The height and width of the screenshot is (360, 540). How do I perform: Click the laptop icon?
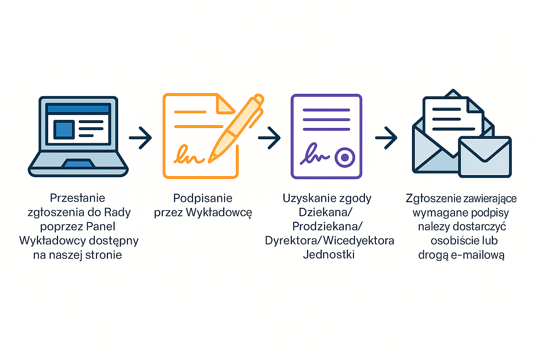tap(78, 136)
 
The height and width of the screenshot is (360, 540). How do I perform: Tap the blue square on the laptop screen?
tap(64, 129)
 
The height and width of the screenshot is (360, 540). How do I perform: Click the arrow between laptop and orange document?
tap(140, 138)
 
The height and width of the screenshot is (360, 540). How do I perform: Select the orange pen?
tap(236, 129)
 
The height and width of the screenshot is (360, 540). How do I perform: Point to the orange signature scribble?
tap(189, 155)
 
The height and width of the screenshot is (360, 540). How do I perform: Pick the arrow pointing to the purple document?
tap(269, 138)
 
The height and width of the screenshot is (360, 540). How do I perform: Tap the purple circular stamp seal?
tap(345, 157)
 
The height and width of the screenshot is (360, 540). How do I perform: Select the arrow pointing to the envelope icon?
tap(386, 138)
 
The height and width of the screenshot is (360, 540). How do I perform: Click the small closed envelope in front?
tap(485, 157)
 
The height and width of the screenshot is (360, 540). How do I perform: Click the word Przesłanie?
tap(78, 198)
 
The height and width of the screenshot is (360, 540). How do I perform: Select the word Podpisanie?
tap(203, 198)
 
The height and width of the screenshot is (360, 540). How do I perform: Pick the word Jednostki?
tap(329, 255)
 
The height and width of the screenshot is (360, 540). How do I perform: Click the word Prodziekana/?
tap(327, 227)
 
